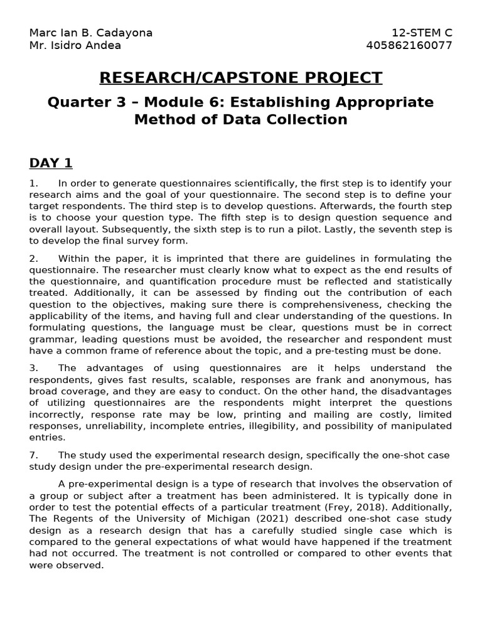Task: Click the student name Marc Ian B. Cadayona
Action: pos(91,33)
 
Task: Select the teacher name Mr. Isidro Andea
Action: pos(75,45)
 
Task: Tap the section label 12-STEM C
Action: pos(422,33)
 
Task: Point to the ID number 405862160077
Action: pos(409,45)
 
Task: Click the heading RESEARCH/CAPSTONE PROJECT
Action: pos(241,78)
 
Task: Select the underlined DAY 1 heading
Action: pos(51,163)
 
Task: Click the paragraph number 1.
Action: pos(33,183)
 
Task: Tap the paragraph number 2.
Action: pos(33,258)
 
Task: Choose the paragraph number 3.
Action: pos(33,368)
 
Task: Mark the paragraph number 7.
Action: pos(33,455)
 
